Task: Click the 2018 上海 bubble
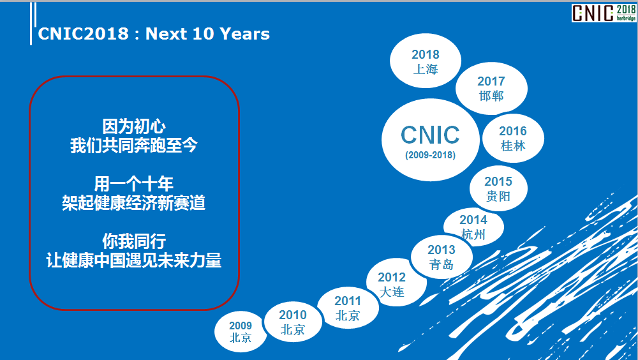(x=425, y=61)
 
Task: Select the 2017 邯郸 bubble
(x=491, y=88)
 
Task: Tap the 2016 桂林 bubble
(x=513, y=138)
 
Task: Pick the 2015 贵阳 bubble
(x=498, y=188)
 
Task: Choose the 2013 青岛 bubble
(x=441, y=257)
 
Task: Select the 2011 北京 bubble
(x=348, y=308)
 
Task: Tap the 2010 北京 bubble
(x=293, y=322)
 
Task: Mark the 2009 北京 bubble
(x=241, y=331)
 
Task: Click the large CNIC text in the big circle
(x=430, y=135)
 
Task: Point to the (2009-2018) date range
(x=430, y=155)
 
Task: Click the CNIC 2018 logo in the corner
(x=604, y=13)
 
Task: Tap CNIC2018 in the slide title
(x=84, y=34)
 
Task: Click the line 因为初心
(x=134, y=126)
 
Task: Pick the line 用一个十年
(x=134, y=184)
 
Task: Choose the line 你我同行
(x=134, y=241)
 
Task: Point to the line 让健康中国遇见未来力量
(x=134, y=260)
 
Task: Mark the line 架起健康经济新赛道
(x=134, y=203)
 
